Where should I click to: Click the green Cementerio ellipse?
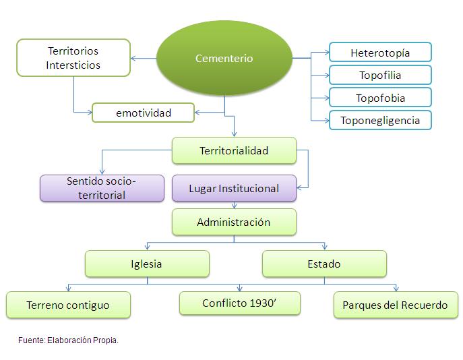coord(224,58)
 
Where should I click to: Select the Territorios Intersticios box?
coord(73,57)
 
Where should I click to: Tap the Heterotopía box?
coord(380,52)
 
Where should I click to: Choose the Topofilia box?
coord(380,75)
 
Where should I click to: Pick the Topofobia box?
coord(380,98)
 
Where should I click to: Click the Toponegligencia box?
coord(380,120)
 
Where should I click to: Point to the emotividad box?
coord(143,113)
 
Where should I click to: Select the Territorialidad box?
coord(234,150)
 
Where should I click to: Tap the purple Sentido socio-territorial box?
coord(102,188)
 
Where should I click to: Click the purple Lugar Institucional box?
coord(234,188)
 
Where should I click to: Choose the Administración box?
coord(234,222)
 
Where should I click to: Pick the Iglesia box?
coord(146,264)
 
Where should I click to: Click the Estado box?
coord(324,264)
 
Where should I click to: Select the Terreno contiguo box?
coord(68,305)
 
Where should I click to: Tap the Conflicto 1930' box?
coord(240,303)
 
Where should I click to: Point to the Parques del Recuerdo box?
coord(395,305)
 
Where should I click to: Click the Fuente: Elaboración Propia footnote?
coord(68,340)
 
